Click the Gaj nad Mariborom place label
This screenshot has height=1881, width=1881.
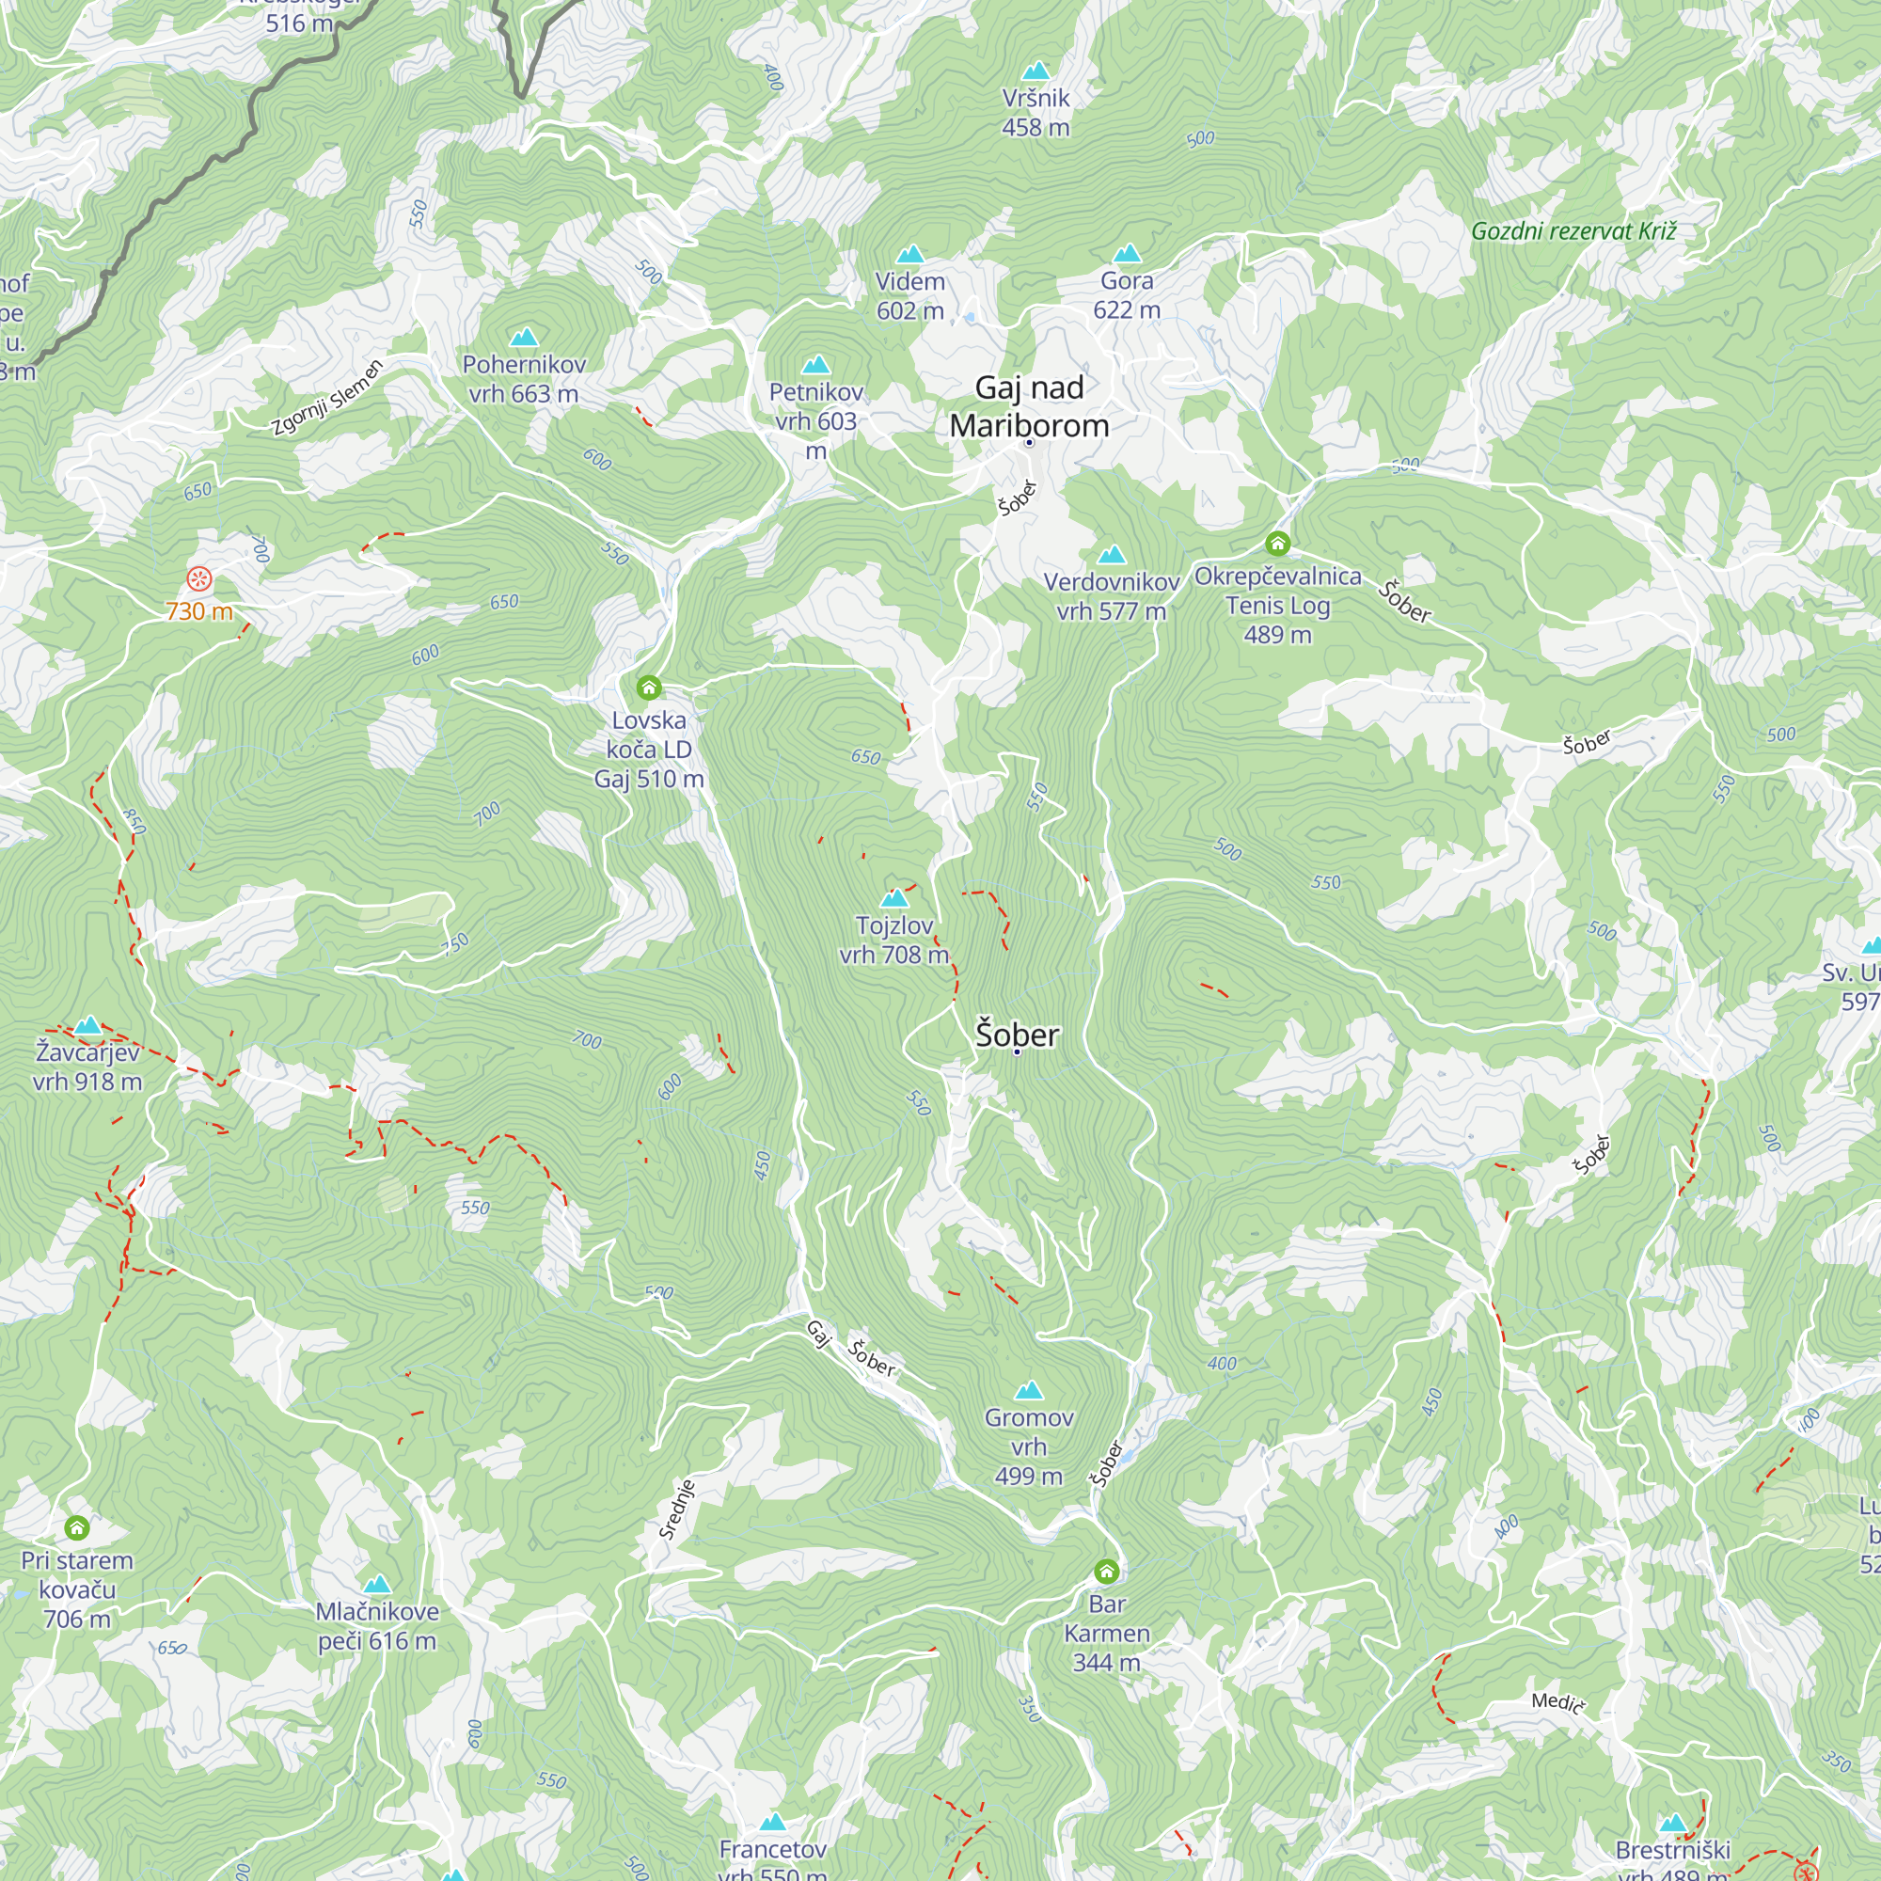click(1029, 407)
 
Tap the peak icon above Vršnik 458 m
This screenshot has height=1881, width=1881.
click(1035, 71)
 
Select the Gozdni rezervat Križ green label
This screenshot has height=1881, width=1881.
click(1573, 230)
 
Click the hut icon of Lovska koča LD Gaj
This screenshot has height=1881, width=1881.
click(649, 688)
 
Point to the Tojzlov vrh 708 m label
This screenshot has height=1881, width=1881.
click(893, 940)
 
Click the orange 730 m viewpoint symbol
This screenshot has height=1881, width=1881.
click(198, 580)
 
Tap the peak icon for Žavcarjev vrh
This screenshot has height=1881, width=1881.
click(87, 1025)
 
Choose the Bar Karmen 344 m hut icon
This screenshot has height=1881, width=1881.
click(1106, 1572)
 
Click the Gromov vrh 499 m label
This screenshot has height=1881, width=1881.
click(1029, 1446)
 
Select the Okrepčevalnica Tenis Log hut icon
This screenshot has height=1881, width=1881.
click(1277, 544)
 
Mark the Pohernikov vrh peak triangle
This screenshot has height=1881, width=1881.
click(524, 338)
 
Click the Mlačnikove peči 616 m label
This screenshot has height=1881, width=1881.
click(377, 1626)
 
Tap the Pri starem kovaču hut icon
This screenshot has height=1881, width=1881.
click(77, 1527)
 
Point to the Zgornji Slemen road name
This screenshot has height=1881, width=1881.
click(327, 397)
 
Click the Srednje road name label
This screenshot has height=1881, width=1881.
click(676, 1510)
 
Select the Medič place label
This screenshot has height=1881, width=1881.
click(1557, 1702)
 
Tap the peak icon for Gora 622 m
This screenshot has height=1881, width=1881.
click(1127, 254)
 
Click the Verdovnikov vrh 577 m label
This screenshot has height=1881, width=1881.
click(1111, 596)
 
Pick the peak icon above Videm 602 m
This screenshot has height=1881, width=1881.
click(910, 255)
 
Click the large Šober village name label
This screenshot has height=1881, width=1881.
click(1017, 1034)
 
